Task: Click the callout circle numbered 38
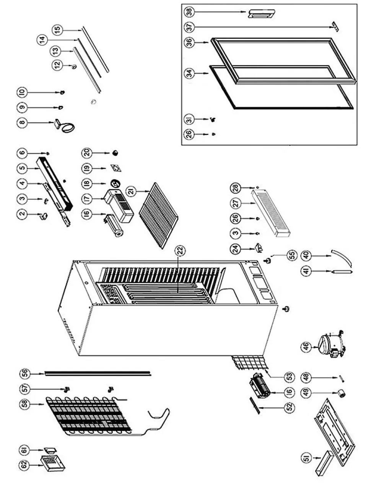click(x=189, y=12)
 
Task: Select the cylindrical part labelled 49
click(x=339, y=393)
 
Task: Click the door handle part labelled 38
click(x=261, y=14)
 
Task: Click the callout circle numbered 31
click(x=189, y=119)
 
